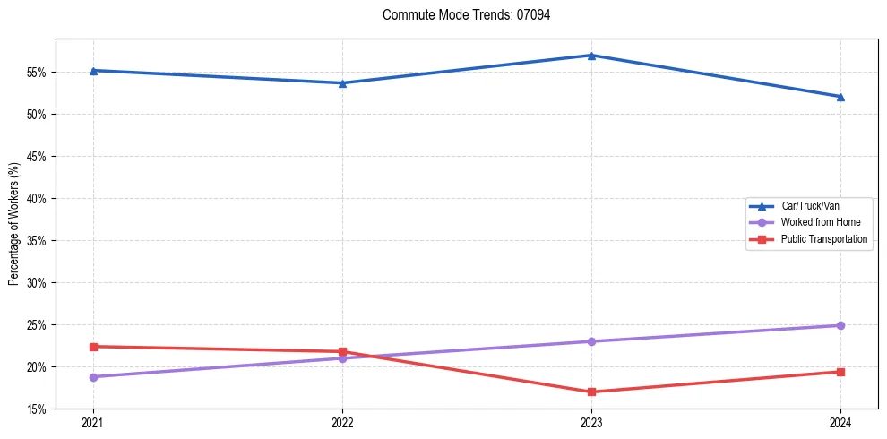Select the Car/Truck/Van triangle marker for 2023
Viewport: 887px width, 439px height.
[591, 56]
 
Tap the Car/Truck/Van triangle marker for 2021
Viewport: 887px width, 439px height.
[93, 70]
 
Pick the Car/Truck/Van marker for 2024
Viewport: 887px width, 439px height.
[840, 97]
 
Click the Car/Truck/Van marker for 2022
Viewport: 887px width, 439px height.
[342, 83]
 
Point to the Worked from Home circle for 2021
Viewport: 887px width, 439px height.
[93, 377]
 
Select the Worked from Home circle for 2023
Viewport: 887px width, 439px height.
[591, 341]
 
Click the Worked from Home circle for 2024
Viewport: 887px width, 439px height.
[840, 325]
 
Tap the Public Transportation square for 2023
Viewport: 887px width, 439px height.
[591, 392]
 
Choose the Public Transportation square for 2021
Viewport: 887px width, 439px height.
[93, 347]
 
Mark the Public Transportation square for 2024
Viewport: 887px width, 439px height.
[840, 372]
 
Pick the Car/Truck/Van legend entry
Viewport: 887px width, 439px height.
[810, 206]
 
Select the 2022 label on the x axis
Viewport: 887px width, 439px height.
[342, 422]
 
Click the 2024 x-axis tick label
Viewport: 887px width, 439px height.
[840, 422]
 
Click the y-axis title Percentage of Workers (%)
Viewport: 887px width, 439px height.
[13, 224]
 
